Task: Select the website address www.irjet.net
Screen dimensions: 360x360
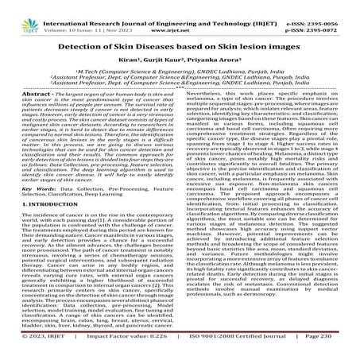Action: (x=180, y=17)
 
